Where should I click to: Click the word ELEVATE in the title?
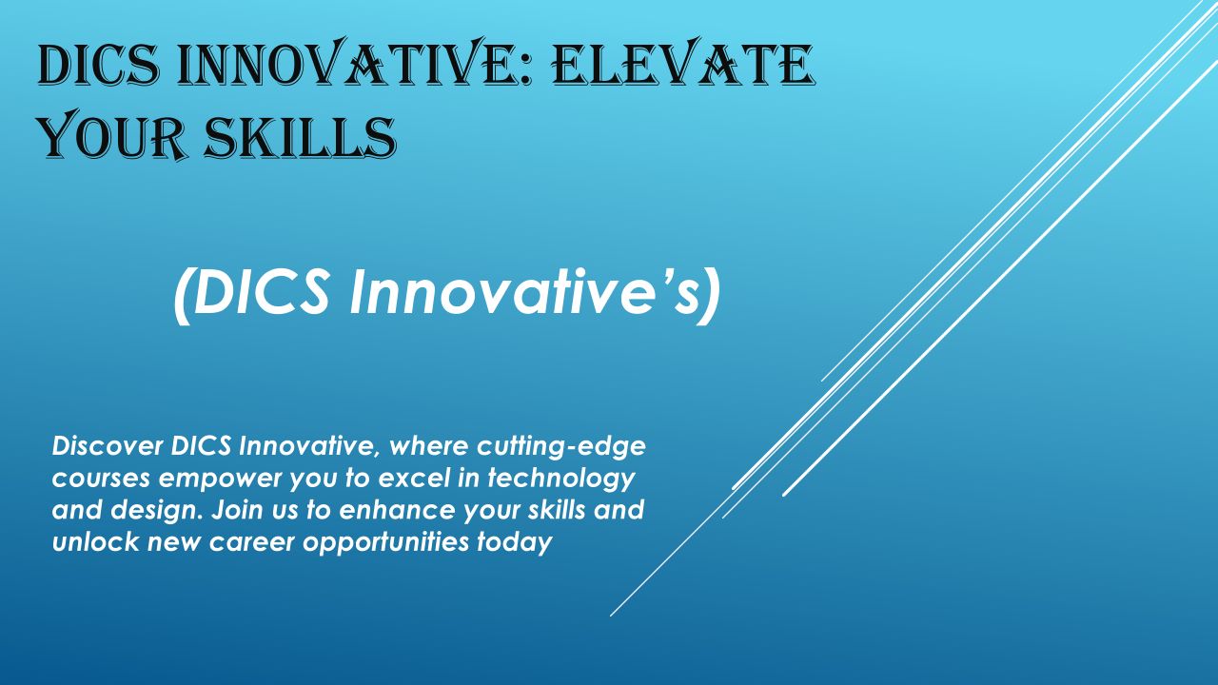(x=683, y=63)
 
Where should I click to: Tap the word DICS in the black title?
(x=99, y=66)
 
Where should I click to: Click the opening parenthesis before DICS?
(x=183, y=296)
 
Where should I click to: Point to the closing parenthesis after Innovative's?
(x=710, y=296)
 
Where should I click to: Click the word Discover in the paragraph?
(x=108, y=446)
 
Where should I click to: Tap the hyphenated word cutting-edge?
(x=561, y=448)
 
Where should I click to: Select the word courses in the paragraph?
(x=101, y=479)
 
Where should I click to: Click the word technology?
(x=561, y=479)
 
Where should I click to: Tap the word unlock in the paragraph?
(x=96, y=542)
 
